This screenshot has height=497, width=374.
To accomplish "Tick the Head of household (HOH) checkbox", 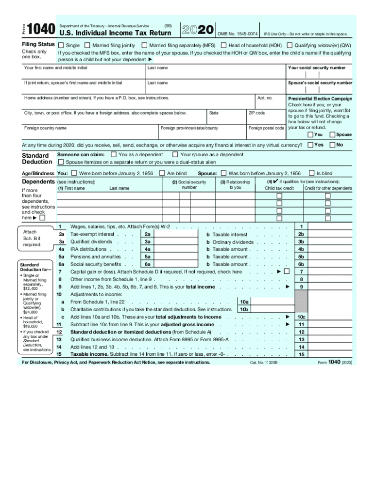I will [x=224, y=45].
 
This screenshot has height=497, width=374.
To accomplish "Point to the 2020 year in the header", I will [x=197, y=30].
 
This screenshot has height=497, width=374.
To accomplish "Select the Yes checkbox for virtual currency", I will [x=310, y=145].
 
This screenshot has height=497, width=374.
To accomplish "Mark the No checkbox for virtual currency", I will [x=333, y=145].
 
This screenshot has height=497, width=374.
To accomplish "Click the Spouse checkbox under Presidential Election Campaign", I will [x=333, y=134].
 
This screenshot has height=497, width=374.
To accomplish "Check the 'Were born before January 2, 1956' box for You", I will [x=74, y=173].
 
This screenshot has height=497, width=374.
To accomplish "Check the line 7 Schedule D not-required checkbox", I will [x=287, y=271].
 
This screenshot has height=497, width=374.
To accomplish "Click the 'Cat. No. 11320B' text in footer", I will [x=264, y=363].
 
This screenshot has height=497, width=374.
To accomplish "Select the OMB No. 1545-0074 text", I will [x=237, y=34].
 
